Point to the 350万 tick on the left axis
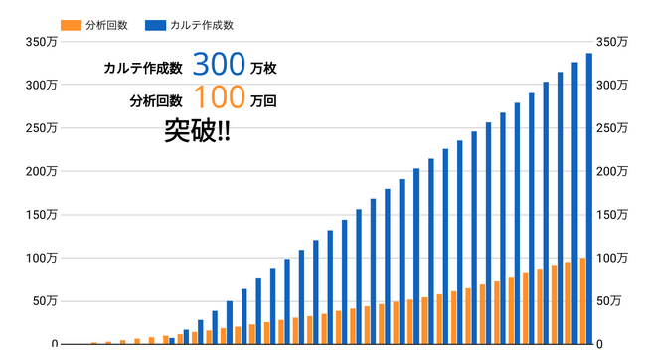(41, 42)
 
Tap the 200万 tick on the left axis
(41, 171)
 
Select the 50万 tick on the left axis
(44, 300)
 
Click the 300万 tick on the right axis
(611, 85)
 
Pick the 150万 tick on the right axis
(611, 214)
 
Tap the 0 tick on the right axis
(600, 344)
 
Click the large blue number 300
(219, 65)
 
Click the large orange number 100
(219, 98)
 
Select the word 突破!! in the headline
(198, 132)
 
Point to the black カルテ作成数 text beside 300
(143, 69)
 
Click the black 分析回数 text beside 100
(156, 101)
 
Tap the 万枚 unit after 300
(264, 69)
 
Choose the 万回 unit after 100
(264, 101)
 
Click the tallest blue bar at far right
(589, 199)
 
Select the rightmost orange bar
(582, 301)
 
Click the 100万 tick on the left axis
(41, 258)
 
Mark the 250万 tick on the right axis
(611, 128)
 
